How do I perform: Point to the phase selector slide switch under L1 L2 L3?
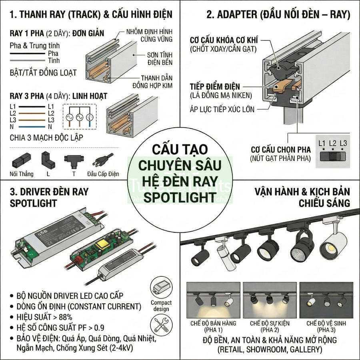pos(332,156)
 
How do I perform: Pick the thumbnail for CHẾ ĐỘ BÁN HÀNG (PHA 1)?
pos(213,300)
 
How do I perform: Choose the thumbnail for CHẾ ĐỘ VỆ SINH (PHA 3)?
pos(326,300)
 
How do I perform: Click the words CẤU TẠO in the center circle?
pos(180,150)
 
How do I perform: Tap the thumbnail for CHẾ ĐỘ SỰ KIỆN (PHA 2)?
pos(270,300)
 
